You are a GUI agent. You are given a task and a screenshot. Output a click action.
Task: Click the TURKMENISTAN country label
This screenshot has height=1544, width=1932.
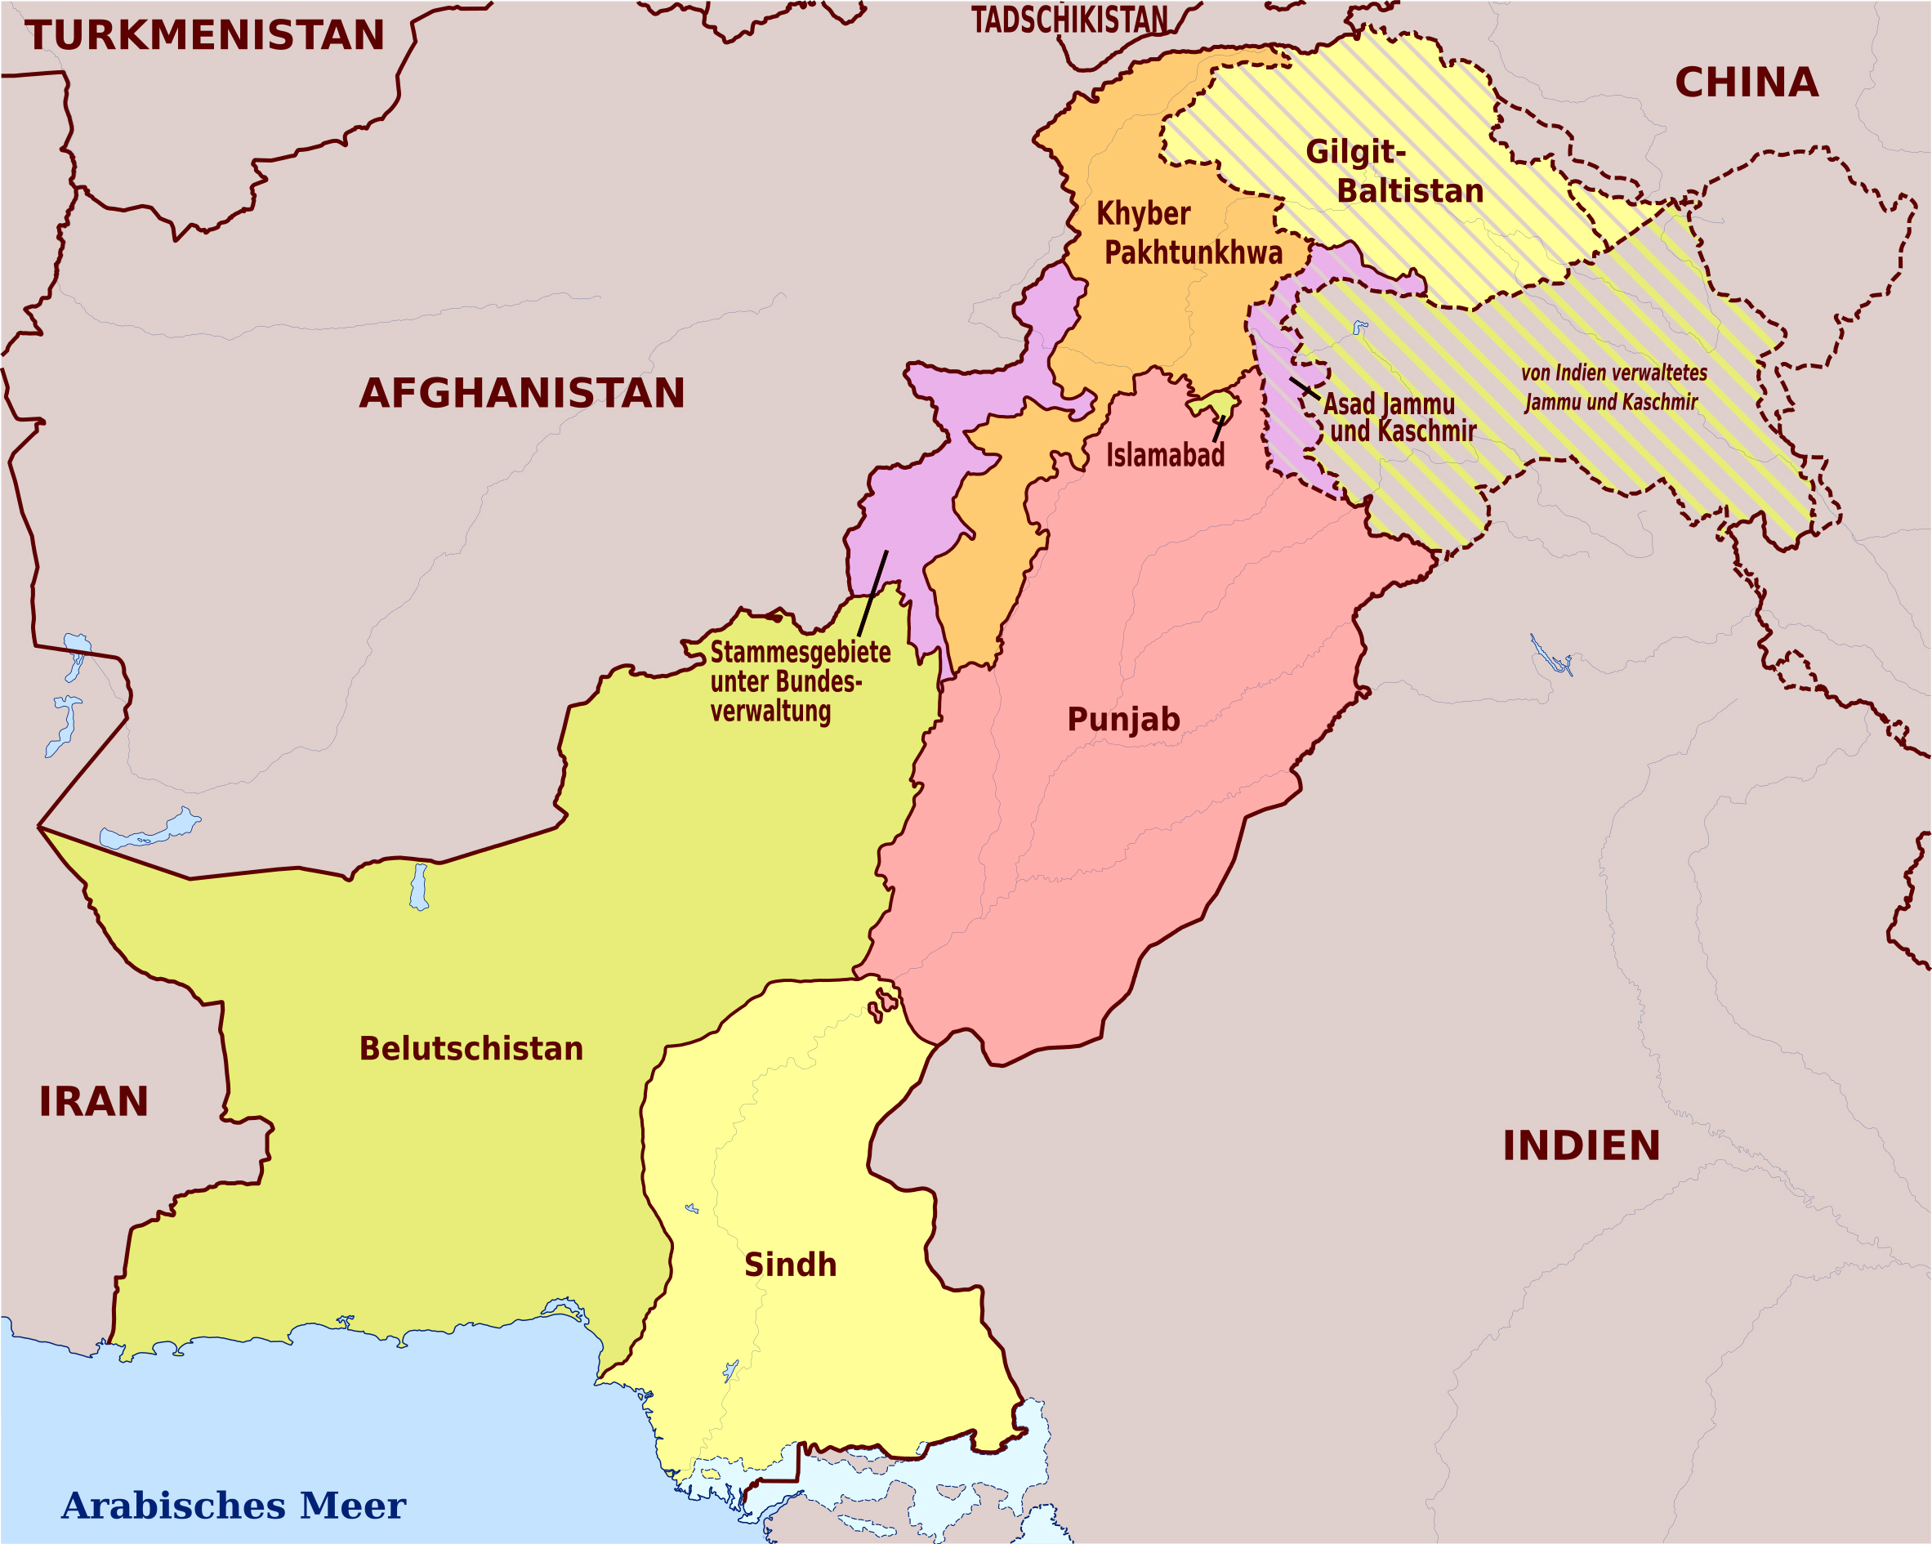(205, 36)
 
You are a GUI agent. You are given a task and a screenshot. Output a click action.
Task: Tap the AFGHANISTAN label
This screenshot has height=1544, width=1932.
(521, 394)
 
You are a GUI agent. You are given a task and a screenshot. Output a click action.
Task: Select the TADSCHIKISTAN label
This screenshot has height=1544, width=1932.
(1070, 20)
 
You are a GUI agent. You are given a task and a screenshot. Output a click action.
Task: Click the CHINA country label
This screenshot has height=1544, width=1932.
(1747, 83)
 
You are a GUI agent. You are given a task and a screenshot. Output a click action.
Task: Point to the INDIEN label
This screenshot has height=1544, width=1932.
(1581, 1146)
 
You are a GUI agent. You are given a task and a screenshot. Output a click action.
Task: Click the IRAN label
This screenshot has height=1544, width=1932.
(93, 1101)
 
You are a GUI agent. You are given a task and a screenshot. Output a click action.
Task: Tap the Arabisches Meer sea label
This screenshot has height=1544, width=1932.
(233, 1505)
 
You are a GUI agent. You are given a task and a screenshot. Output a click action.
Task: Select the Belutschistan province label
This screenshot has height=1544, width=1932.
(471, 1048)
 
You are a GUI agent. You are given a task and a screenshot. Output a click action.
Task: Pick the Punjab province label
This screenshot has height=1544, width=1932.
(1122, 719)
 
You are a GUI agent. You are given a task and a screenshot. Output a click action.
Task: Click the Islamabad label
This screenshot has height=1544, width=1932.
(1164, 455)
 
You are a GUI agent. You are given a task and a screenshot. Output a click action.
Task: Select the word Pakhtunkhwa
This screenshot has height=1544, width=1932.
(1193, 252)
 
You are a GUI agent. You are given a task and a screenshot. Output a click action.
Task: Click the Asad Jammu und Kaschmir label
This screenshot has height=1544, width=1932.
(1398, 417)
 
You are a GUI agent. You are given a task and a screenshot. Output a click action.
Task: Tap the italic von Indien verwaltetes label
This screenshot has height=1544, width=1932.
(1613, 373)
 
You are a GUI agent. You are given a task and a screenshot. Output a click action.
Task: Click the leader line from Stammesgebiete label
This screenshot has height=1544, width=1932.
(872, 593)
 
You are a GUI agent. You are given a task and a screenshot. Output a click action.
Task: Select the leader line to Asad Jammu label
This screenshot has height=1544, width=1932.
(1305, 388)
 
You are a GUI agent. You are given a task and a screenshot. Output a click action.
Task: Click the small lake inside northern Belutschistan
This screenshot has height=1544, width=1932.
(418, 886)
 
